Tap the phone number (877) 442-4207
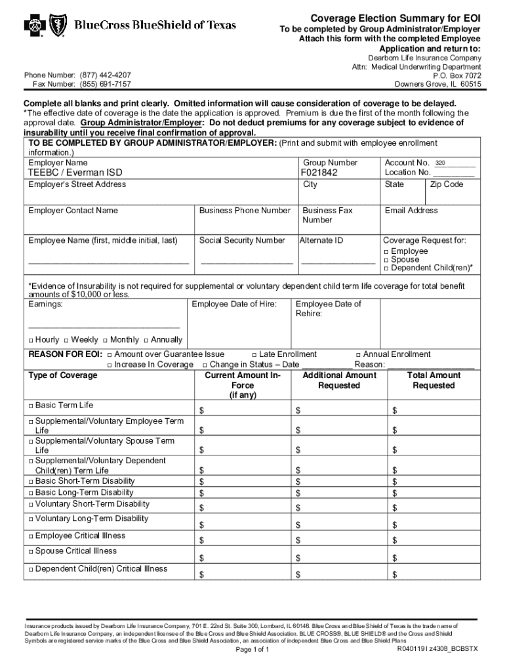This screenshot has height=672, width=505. coord(105,75)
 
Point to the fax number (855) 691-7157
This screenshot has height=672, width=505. coord(105,85)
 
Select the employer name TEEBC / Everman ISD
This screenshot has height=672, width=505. coord(75,173)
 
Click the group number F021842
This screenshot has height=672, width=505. coord(319,173)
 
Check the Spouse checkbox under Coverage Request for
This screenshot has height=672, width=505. coord(386,260)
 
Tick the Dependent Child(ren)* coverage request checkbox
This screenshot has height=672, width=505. coord(386,268)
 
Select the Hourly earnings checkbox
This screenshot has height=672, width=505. coord(31,340)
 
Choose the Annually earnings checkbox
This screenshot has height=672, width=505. coord(146,340)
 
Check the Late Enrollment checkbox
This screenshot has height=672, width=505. coord(254,354)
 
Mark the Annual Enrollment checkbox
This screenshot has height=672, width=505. coord(358,354)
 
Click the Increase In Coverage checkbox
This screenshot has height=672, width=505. coord(110,365)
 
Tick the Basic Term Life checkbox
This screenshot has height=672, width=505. coord(31,406)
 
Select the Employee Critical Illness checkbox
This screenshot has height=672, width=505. coord(31,536)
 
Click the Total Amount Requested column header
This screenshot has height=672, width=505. coord(434,380)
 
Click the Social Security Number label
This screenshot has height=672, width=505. coord(242,241)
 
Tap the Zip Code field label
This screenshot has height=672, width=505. coord(447,184)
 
